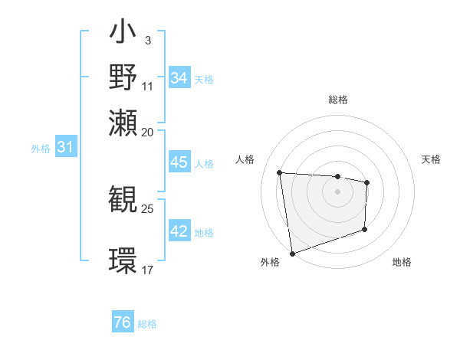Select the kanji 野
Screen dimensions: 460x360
point(123,77)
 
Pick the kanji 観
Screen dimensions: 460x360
point(123,201)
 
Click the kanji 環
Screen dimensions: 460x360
point(123,260)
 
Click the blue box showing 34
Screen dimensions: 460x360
point(179,78)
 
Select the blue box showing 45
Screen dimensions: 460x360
point(179,162)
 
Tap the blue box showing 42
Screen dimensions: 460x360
point(179,231)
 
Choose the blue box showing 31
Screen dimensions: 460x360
point(65,147)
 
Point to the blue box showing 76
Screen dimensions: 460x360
point(123,322)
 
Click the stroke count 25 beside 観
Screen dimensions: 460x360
point(148,208)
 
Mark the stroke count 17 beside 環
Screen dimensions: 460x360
point(148,270)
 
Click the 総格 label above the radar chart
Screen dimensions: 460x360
point(337,100)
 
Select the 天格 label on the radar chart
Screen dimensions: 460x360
point(432,159)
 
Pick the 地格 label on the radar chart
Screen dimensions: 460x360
point(402,263)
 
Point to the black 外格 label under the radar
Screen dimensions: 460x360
point(270,263)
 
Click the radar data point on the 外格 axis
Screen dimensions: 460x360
point(292,253)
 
